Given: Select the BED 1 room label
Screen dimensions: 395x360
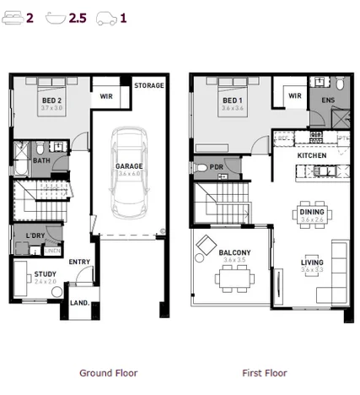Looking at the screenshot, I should coord(232,100).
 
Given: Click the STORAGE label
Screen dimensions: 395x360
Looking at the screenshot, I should coord(149,86).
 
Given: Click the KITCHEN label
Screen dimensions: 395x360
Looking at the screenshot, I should coord(311,156).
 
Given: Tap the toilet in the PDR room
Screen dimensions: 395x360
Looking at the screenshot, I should coord(201,168).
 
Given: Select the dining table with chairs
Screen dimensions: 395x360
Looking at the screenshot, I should coord(310,211).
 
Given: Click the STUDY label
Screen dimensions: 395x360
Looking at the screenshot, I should coord(44,273).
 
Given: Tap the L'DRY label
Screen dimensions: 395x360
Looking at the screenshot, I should coord(35,235).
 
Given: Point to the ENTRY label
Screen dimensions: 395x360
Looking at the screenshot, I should coord(79,262).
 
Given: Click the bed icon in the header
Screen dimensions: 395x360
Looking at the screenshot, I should coord(12,16).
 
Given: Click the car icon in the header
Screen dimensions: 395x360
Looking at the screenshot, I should coord(106,16).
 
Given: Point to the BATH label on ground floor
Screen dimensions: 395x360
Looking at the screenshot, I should coord(40,160).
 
